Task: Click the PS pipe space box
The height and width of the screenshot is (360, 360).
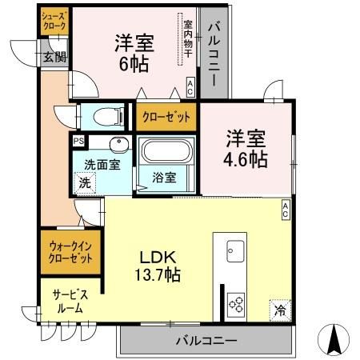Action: [78, 142]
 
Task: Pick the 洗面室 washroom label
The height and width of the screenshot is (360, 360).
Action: [103, 166]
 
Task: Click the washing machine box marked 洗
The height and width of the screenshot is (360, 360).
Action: [85, 182]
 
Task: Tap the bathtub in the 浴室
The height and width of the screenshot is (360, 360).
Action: [166, 152]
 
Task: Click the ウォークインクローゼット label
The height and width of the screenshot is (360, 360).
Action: [70, 254]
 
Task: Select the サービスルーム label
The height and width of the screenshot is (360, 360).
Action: [70, 302]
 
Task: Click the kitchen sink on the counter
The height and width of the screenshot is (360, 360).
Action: [235, 250]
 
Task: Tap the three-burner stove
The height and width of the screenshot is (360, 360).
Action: [235, 302]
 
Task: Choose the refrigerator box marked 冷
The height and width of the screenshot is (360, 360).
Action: [280, 309]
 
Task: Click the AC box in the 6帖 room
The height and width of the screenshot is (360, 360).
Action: [190, 87]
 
